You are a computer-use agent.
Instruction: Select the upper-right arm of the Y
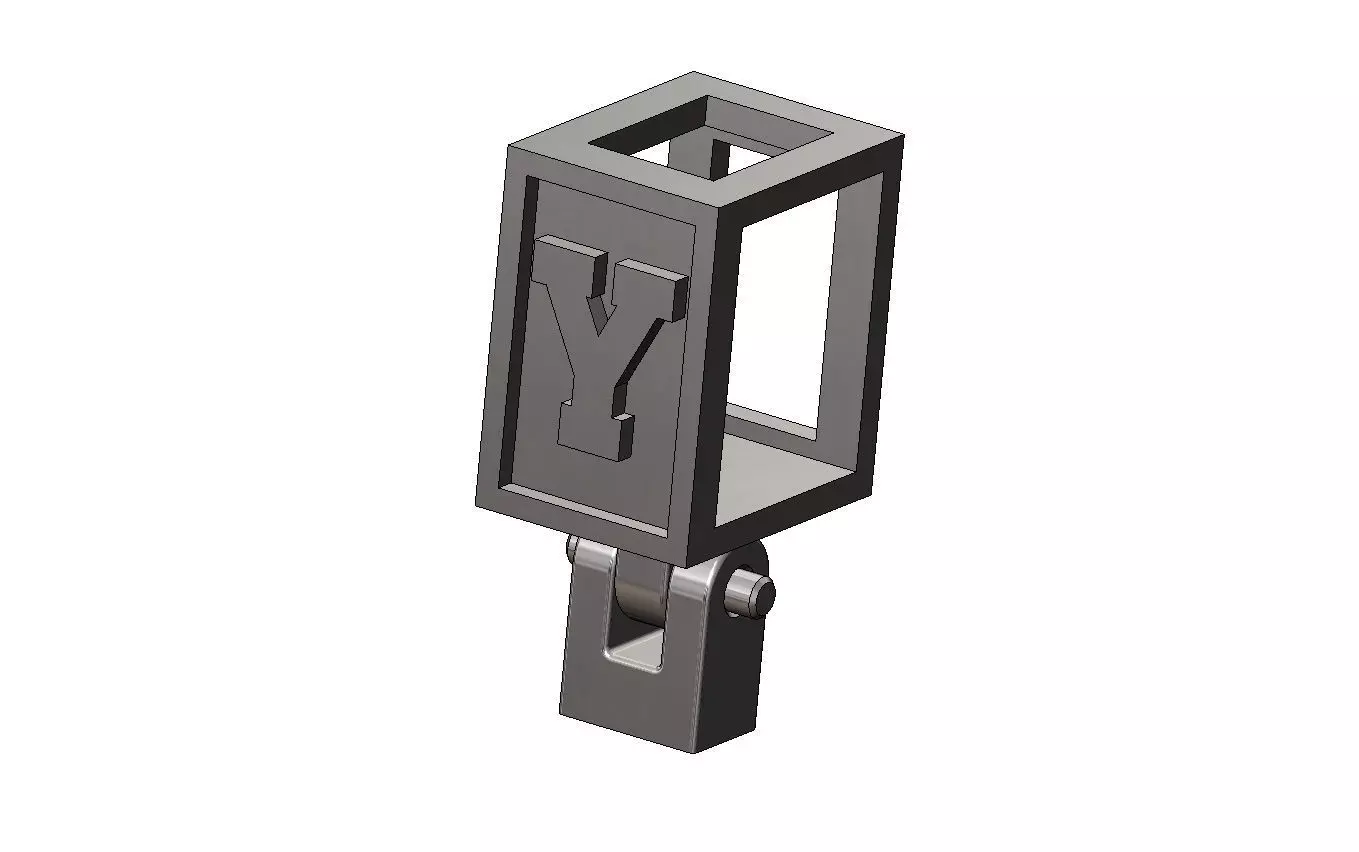pos(655,290)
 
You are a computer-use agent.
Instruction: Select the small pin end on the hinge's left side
pos(574,549)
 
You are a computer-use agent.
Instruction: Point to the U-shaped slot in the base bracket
pos(634,640)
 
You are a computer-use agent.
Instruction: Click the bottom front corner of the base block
pos(696,750)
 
